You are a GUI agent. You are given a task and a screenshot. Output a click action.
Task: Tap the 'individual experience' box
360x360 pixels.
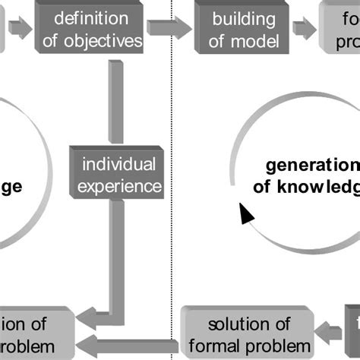pos(118,174)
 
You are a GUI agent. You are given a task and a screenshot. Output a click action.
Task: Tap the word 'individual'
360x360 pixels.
pos(118,163)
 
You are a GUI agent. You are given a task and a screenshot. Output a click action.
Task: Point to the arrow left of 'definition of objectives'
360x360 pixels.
pos(22,28)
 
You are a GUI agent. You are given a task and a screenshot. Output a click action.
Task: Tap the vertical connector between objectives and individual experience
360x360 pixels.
pos(115,99)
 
